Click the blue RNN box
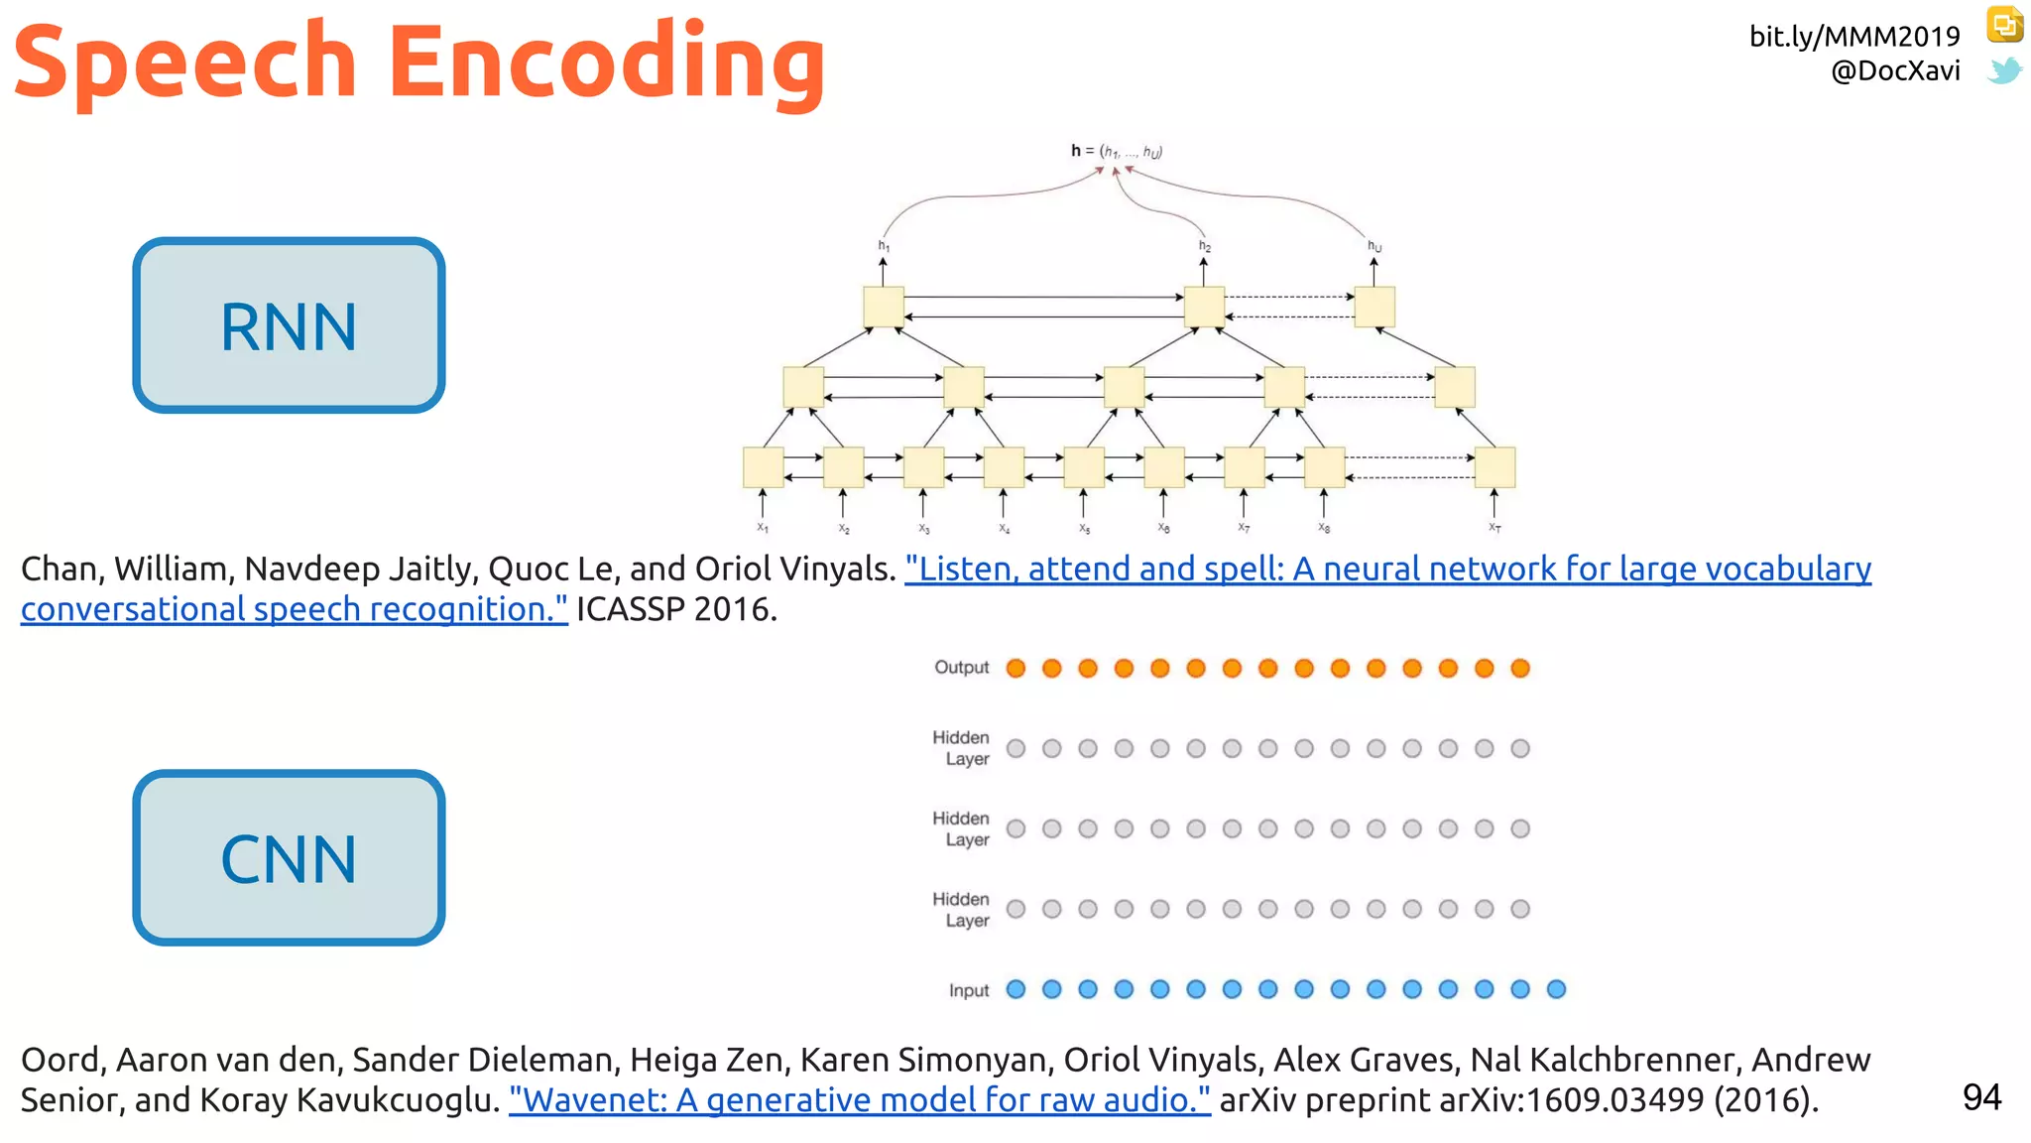click(x=289, y=325)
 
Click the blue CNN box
click(x=289, y=858)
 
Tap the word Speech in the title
click(x=185, y=62)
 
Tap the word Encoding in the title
click(x=607, y=62)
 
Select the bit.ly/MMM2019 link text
click(x=1853, y=37)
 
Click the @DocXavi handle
click(x=1895, y=70)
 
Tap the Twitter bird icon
click(x=2004, y=70)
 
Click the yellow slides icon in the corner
click(x=2004, y=25)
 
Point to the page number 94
click(x=1981, y=1097)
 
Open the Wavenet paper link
click(x=859, y=1100)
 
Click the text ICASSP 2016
click(x=676, y=609)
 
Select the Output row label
click(x=961, y=668)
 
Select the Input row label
click(x=968, y=990)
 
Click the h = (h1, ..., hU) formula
click(x=1116, y=152)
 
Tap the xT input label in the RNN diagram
click(x=1494, y=528)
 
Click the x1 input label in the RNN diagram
click(x=763, y=528)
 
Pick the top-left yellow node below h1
click(x=883, y=307)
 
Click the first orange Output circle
click(x=1015, y=669)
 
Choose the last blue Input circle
click(x=1556, y=989)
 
